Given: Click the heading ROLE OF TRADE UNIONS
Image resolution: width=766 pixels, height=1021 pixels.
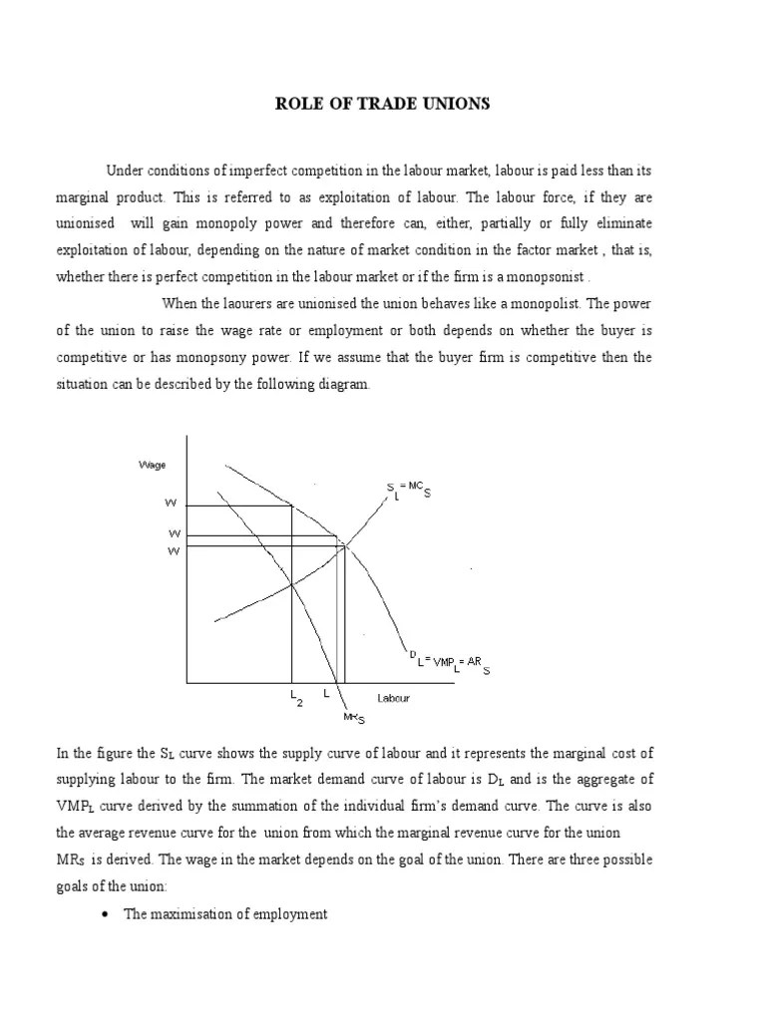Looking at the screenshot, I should (x=383, y=104).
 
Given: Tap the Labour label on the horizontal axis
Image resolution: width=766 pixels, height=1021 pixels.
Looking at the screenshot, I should (x=393, y=698).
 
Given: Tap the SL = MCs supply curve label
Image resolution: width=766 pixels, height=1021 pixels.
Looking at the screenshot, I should (x=409, y=490).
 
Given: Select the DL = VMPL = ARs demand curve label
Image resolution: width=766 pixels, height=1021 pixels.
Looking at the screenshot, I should (x=449, y=662).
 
